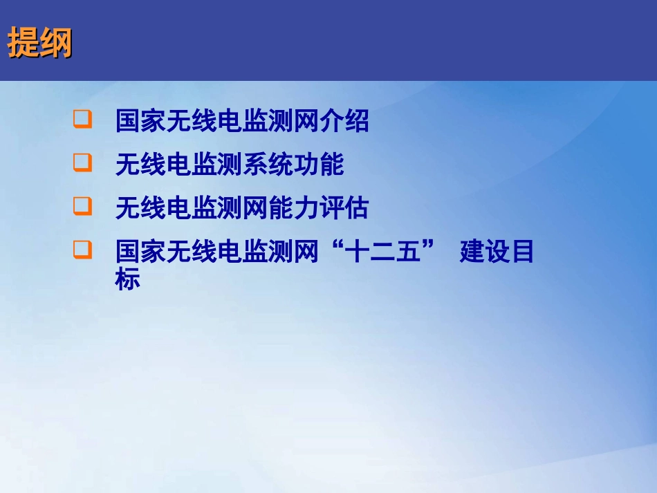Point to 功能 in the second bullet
319,165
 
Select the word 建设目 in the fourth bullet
497,252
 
